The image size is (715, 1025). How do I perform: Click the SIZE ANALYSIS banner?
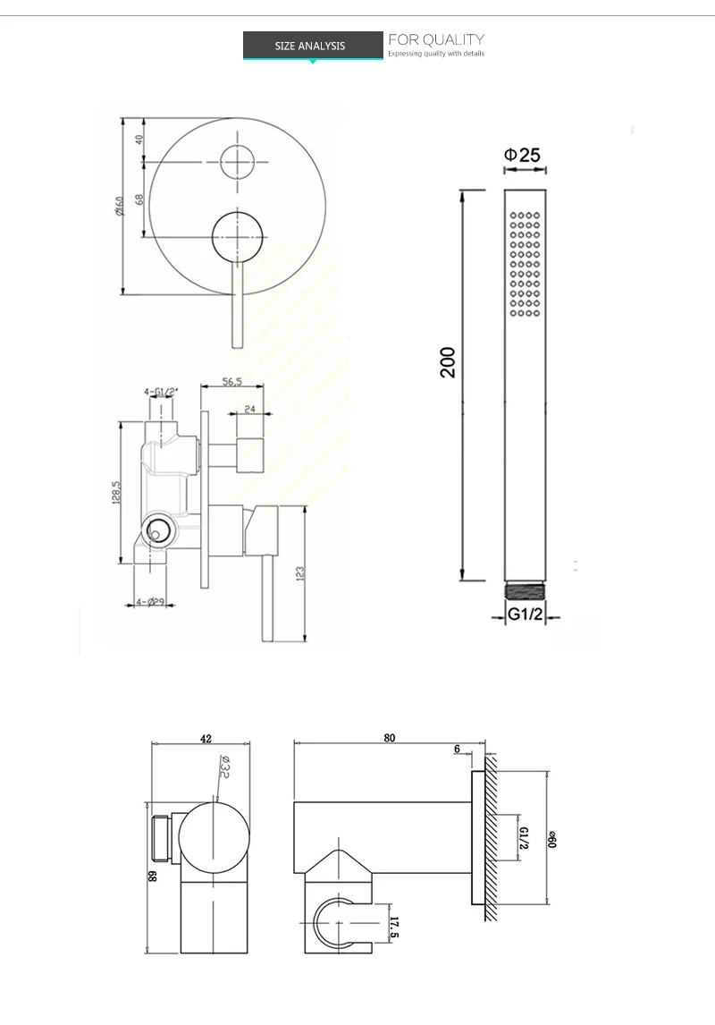coord(310,46)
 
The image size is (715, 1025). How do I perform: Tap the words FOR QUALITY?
coord(435,39)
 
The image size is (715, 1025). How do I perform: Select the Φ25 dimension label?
coord(523,156)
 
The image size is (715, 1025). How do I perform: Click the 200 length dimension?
coord(449,361)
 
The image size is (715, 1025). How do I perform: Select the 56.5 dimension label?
coord(232,382)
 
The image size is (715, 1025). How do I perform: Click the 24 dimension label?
coord(249,410)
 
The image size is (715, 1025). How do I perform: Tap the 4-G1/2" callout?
coord(161,391)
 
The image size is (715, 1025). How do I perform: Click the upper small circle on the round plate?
coord(239,162)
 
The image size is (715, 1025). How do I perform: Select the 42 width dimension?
coord(206,739)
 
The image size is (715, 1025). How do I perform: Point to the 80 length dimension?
coord(390,738)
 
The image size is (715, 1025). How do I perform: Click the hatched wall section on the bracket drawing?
coord(491,841)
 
